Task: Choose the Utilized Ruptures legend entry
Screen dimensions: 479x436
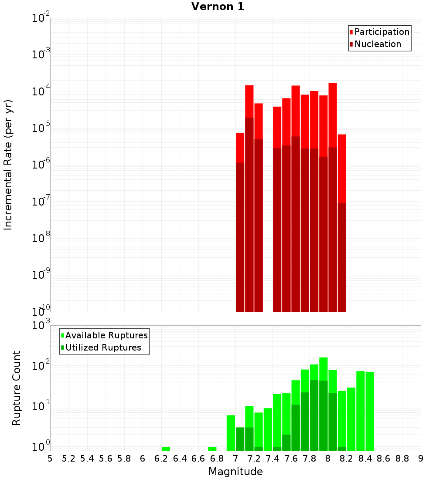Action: [x=103, y=347]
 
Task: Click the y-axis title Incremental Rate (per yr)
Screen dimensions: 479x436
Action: [x=8, y=165]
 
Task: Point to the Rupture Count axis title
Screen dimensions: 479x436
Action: [x=17, y=388]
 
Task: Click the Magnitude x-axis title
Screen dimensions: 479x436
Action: [x=235, y=471]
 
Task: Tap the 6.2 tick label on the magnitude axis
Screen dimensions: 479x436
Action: [x=161, y=459]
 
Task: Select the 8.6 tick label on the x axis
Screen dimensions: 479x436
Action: [x=384, y=459]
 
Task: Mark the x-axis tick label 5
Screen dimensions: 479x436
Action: [x=50, y=459]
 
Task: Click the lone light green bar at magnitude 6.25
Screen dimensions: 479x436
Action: [x=166, y=449]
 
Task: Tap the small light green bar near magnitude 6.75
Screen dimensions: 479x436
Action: [x=212, y=449]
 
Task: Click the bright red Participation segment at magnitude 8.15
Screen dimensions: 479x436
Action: [x=342, y=168]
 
